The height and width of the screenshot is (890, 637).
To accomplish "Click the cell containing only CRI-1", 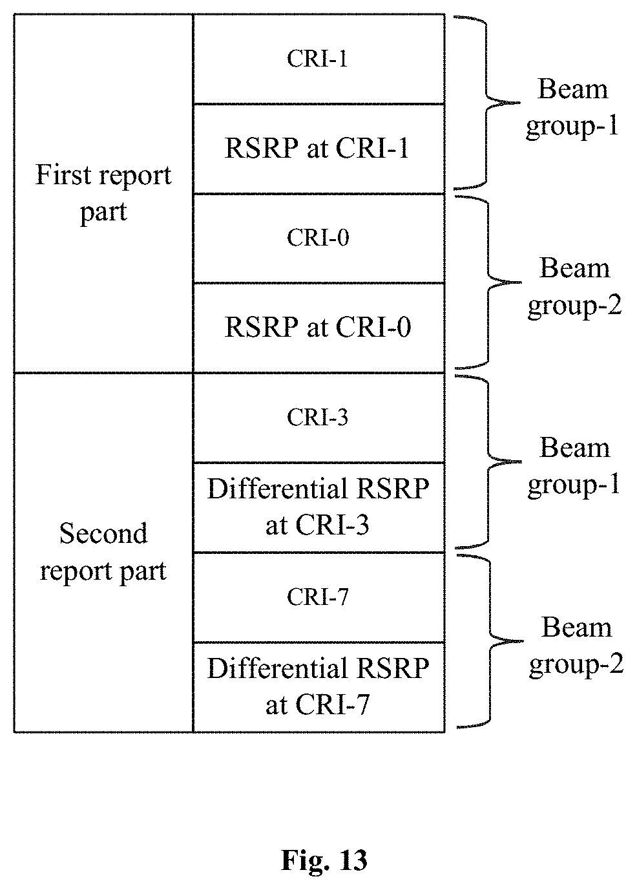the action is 318,59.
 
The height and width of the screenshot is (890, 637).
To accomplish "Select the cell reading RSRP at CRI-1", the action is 318,149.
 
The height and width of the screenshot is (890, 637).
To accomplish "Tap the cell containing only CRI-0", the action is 318,238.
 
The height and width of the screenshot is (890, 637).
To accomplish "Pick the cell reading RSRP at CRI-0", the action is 318,328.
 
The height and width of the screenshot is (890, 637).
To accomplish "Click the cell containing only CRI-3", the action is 318,418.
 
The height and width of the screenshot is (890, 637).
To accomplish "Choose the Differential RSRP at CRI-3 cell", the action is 318,507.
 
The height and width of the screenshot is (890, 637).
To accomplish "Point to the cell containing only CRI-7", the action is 318,597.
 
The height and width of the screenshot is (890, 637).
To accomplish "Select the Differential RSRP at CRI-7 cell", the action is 318,687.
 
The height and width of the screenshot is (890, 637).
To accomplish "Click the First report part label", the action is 103,193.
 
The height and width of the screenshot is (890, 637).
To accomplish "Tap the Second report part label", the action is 103,553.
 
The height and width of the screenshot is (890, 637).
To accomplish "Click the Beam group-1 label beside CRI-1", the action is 572,108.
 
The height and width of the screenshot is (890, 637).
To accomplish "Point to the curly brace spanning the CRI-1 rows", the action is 486,103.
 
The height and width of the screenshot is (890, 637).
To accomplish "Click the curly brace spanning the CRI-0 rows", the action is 488,282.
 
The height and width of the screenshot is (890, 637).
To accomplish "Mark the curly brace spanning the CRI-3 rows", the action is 488,461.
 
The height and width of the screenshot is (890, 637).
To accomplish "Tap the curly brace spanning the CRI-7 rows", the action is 490,641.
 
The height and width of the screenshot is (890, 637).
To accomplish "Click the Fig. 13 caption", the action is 324,861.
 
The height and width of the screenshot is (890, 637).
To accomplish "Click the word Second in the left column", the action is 103,534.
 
